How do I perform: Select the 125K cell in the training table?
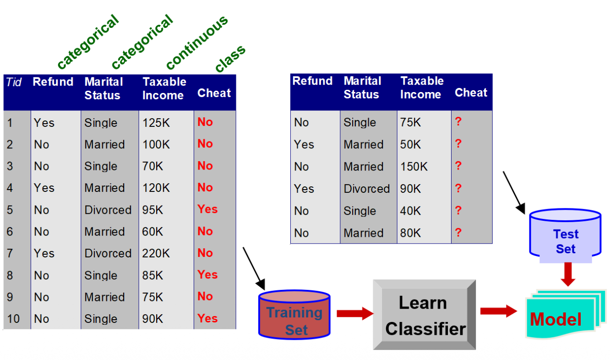pos(156,123)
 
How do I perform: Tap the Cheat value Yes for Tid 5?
pos(207,209)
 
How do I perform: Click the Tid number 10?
pos(13,319)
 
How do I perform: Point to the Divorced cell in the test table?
pos(366,189)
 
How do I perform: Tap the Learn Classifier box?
pos(425,315)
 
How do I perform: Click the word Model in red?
pos(556,319)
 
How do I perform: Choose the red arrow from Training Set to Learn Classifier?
pos(355,313)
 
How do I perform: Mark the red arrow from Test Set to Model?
pos(568,274)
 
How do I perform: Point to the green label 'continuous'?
pos(196,42)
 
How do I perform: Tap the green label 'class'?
pos(230,59)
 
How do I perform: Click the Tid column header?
pos(14,82)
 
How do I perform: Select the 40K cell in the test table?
pos(410,211)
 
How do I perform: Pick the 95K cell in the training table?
pos(152,210)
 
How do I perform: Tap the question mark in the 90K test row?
pos(458,188)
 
